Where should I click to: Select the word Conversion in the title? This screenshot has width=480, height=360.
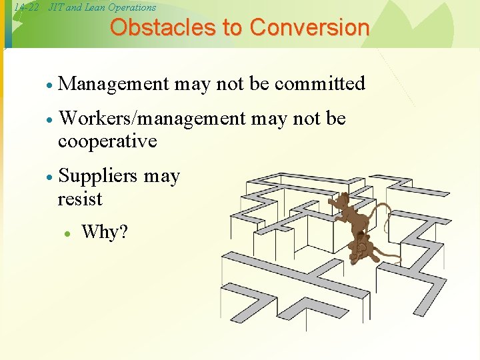tap(309, 27)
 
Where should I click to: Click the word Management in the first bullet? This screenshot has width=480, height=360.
tap(114, 84)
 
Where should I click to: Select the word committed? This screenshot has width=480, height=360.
tap(320, 84)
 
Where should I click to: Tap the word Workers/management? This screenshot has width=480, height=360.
tap(152, 119)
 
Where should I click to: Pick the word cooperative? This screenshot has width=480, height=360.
tap(107, 141)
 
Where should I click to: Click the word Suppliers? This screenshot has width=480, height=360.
tap(98, 177)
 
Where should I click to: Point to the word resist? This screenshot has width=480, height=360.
tap(80, 199)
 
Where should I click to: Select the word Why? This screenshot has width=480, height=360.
tap(104, 233)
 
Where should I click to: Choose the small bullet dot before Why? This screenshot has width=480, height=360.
tap(67, 234)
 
